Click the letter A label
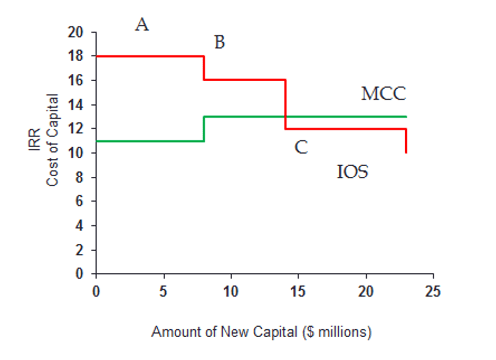coord(142,24)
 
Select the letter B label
coord(220,42)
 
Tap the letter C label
coord(301,147)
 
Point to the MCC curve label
coord(383,94)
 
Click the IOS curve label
coord(353,172)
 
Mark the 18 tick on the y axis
coord(76,56)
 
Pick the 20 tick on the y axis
coord(76,32)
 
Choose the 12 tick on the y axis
coord(76,129)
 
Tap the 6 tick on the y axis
coord(80,202)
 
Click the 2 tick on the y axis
coord(80,250)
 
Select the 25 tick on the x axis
coord(433,292)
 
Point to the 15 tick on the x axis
coord(298,292)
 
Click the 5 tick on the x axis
coord(164,292)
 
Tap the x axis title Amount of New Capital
coord(261,332)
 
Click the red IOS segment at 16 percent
coord(244,80)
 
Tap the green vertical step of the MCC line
coord(204,128)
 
